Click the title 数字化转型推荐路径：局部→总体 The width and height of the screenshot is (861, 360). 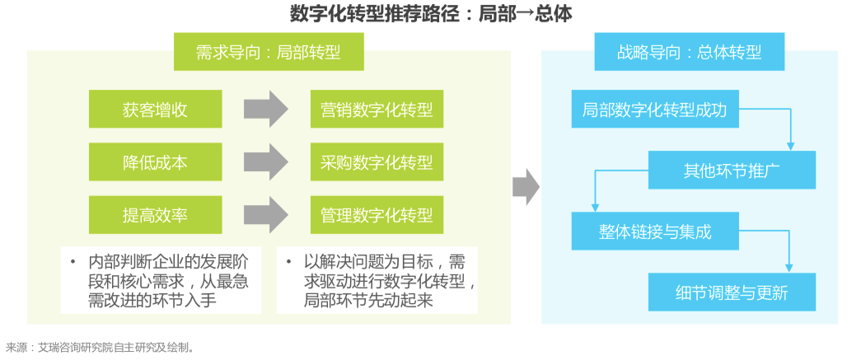tap(431, 14)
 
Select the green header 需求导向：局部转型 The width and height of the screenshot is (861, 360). tap(268, 53)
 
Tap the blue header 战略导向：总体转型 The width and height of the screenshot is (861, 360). tap(689, 53)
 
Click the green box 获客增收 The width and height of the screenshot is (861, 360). tap(155, 110)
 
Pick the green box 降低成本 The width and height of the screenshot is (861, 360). tap(155, 162)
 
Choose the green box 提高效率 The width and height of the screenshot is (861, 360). tap(155, 215)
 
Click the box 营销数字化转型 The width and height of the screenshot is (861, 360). tap(377, 110)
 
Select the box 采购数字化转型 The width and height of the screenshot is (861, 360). tap(377, 162)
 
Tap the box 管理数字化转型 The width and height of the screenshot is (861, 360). tap(377, 215)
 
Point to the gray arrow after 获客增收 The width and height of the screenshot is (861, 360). tap(265, 110)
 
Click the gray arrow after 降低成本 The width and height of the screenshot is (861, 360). tap(265, 162)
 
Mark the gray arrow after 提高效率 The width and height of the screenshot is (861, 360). tap(265, 215)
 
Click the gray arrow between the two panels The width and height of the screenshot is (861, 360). tap(525, 188)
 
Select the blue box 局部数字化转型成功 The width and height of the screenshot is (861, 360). tap(654, 110)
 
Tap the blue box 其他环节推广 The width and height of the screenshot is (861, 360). tap(732, 171)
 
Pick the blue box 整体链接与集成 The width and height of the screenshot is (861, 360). tap(654, 231)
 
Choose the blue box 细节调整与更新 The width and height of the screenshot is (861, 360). tap(732, 292)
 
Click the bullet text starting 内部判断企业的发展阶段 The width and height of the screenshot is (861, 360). tap(161, 281)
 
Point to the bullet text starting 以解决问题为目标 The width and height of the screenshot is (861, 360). tap(377, 281)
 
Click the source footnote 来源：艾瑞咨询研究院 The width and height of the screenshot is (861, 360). tap(100, 348)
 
